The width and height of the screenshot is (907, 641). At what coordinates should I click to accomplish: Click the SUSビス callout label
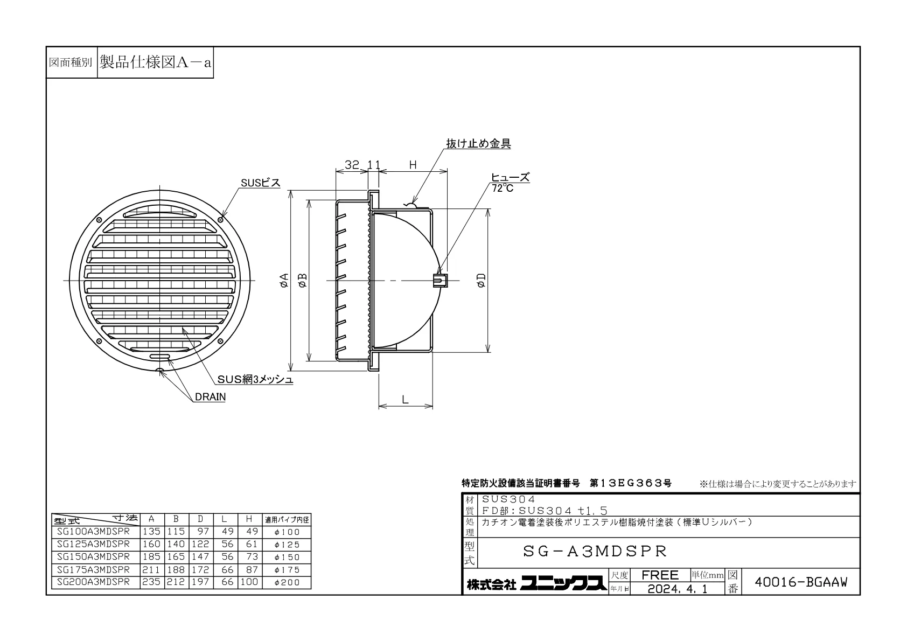pos(260,183)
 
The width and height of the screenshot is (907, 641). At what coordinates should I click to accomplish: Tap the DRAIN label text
pos(210,397)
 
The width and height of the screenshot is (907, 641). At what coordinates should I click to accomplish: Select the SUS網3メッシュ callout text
pos(255,379)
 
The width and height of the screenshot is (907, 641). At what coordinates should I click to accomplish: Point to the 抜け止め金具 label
pos(478,143)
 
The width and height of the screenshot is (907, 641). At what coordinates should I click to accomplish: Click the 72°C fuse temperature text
pos(503,189)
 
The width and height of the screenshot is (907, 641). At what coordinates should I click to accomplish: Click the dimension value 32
pos(352,164)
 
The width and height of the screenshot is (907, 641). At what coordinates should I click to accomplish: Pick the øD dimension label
pos(482,280)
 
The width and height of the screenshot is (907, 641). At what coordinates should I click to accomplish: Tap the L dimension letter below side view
pos(405,400)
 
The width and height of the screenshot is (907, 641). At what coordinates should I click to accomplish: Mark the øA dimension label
pos(284,280)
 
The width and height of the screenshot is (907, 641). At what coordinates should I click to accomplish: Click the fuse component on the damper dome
pos(440,280)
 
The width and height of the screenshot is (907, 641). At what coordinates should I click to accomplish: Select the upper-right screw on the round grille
pos(220,219)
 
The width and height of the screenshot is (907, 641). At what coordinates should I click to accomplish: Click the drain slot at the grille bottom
pos(160,357)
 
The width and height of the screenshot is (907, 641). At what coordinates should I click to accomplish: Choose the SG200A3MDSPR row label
pos(93,582)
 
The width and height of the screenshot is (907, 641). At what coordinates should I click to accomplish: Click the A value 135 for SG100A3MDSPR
pos(151,531)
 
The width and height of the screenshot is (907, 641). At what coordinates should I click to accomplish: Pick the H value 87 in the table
pos(252,569)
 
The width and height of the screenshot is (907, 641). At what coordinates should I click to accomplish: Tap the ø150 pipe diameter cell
pos(287,557)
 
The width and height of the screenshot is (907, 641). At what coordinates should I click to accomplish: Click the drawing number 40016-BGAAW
pos(801,582)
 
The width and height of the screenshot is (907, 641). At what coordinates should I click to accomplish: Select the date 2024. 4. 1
pos(678,589)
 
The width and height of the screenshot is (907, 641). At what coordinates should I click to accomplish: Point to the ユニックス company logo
pos(563,583)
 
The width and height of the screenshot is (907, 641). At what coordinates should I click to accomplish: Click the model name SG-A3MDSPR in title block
pos(595,551)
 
